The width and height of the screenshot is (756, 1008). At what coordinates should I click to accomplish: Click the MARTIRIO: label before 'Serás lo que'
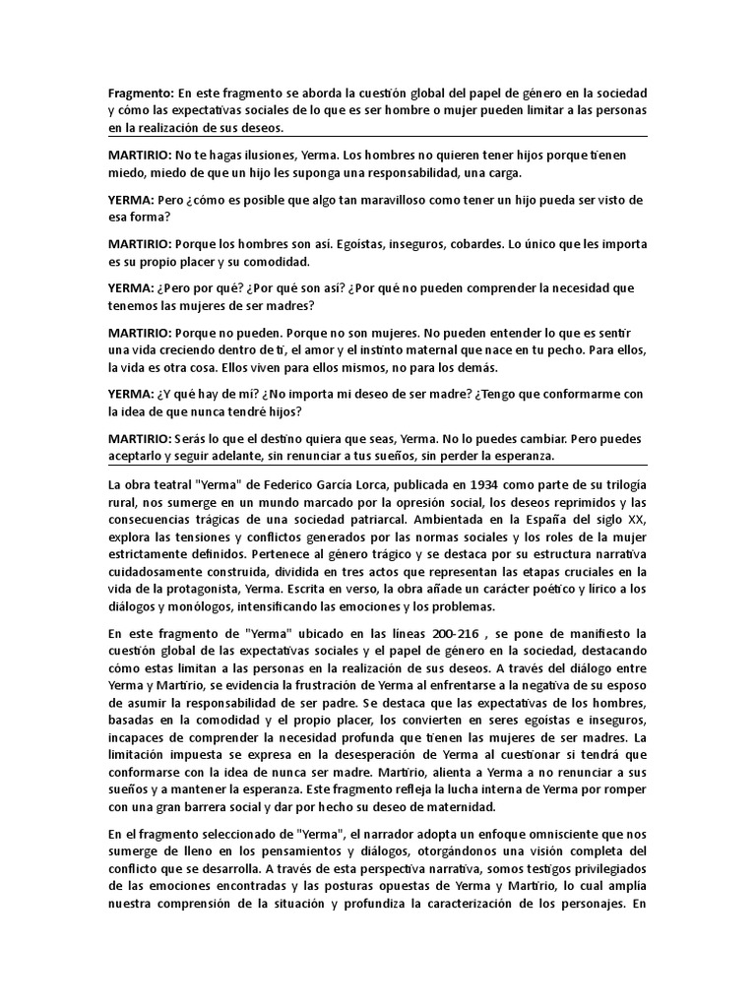139,438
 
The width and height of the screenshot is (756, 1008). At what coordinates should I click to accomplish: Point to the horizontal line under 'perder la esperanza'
378,465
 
